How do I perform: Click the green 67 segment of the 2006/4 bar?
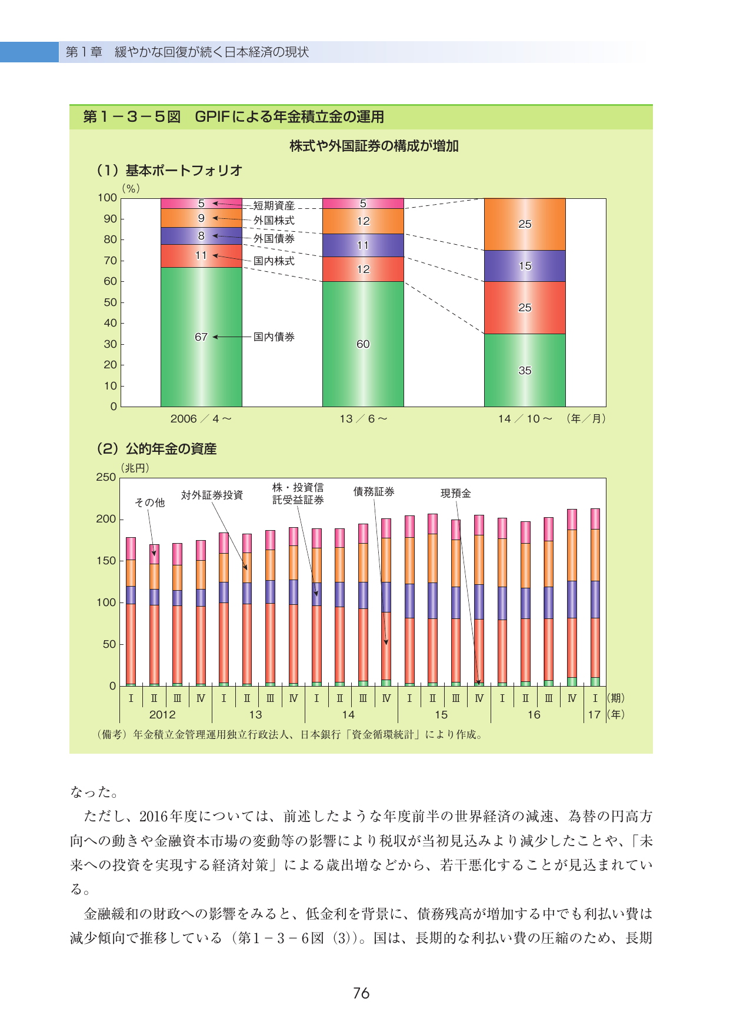[201, 337]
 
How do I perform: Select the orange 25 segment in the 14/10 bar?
[525, 224]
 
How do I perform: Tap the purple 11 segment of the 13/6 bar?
[363, 245]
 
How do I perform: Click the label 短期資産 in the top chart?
[274, 205]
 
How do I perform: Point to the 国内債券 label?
[274, 337]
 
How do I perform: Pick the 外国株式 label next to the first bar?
[274, 220]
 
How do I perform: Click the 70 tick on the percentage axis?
[111, 261]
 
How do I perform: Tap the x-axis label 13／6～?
[364, 419]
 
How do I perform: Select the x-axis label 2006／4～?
[201, 419]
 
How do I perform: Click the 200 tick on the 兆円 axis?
[106, 519]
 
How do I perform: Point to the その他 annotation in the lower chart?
[150, 502]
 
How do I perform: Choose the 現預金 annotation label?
[456, 493]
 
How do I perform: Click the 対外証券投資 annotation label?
[212, 495]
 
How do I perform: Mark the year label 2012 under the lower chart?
[162, 715]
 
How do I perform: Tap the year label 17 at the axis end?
[594, 715]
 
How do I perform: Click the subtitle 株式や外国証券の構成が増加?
[374, 146]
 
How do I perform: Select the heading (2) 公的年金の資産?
[156, 449]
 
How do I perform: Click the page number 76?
[361, 993]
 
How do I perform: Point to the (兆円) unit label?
[135, 468]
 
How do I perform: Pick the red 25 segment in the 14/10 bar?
[525, 308]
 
